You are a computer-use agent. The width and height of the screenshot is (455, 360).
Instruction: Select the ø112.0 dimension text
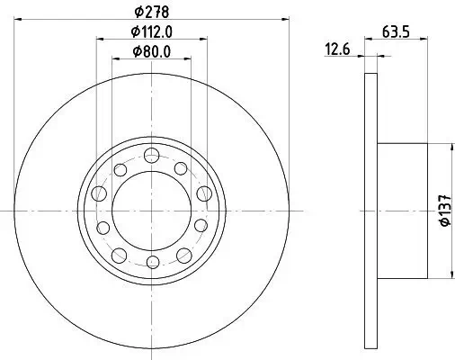[150, 31]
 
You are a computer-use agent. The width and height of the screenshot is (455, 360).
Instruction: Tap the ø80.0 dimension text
[150, 50]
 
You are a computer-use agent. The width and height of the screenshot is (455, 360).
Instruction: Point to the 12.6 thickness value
[337, 51]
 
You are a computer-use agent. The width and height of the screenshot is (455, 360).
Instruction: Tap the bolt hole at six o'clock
[151, 262]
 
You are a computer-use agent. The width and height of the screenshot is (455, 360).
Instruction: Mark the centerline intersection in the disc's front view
[151, 208]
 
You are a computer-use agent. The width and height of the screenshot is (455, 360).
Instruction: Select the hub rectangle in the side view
[400, 208]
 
